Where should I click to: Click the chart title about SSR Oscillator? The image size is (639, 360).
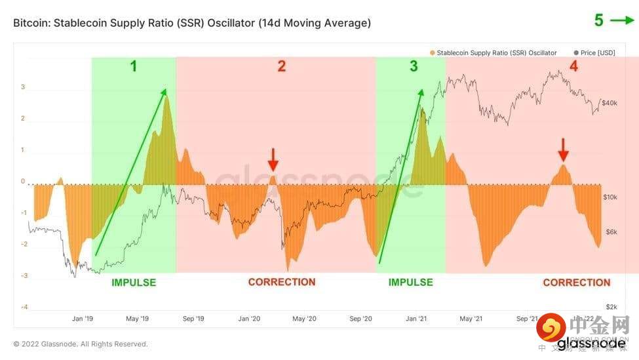pyautogui.click(x=192, y=23)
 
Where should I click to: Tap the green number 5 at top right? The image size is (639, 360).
pyautogui.click(x=599, y=20)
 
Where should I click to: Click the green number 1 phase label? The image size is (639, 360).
pyautogui.click(x=134, y=66)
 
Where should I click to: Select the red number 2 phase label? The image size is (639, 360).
pyautogui.click(x=281, y=66)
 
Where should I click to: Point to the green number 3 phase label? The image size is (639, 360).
pyautogui.click(x=413, y=66)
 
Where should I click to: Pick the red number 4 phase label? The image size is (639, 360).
pyautogui.click(x=573, y=66)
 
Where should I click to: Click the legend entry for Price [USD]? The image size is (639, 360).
pyautogui.click(x=594, y=52)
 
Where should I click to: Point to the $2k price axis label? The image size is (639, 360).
pyautogui.click(x=611, y=307)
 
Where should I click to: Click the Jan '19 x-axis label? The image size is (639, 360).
pyautogui.click(x=82, y=319)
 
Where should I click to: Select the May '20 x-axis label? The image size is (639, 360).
pyautogui.click(x=304, y=319)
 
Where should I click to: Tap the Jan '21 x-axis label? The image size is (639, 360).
pyautogui.click(x=416, y=319)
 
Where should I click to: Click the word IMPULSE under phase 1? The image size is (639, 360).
pyautogui.click(x=134, y=283)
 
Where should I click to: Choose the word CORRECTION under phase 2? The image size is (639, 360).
pyautogui.click(x=282, y=282)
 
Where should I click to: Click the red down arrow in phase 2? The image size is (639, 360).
pyautogui.click(x=273, y=159)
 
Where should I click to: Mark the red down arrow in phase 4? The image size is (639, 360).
pyautogui.click(x=563, y=150)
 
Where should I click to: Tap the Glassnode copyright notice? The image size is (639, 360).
pyautogui.click(x=81, y=344)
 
